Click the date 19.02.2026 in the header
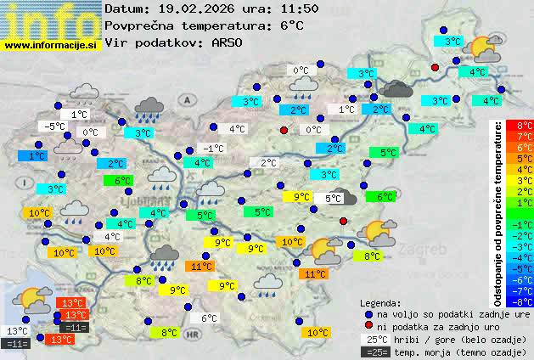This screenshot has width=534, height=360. [x=189, y=8]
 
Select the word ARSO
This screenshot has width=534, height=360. [x=229, y=42]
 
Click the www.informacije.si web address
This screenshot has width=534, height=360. [x=51, y=45]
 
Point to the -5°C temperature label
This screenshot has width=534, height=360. [x=53, y=126]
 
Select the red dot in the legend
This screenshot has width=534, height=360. [x=368, y=326]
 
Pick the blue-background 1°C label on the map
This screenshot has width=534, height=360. [x=36, y=156]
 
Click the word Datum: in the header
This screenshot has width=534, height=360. [x=127, y=8]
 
